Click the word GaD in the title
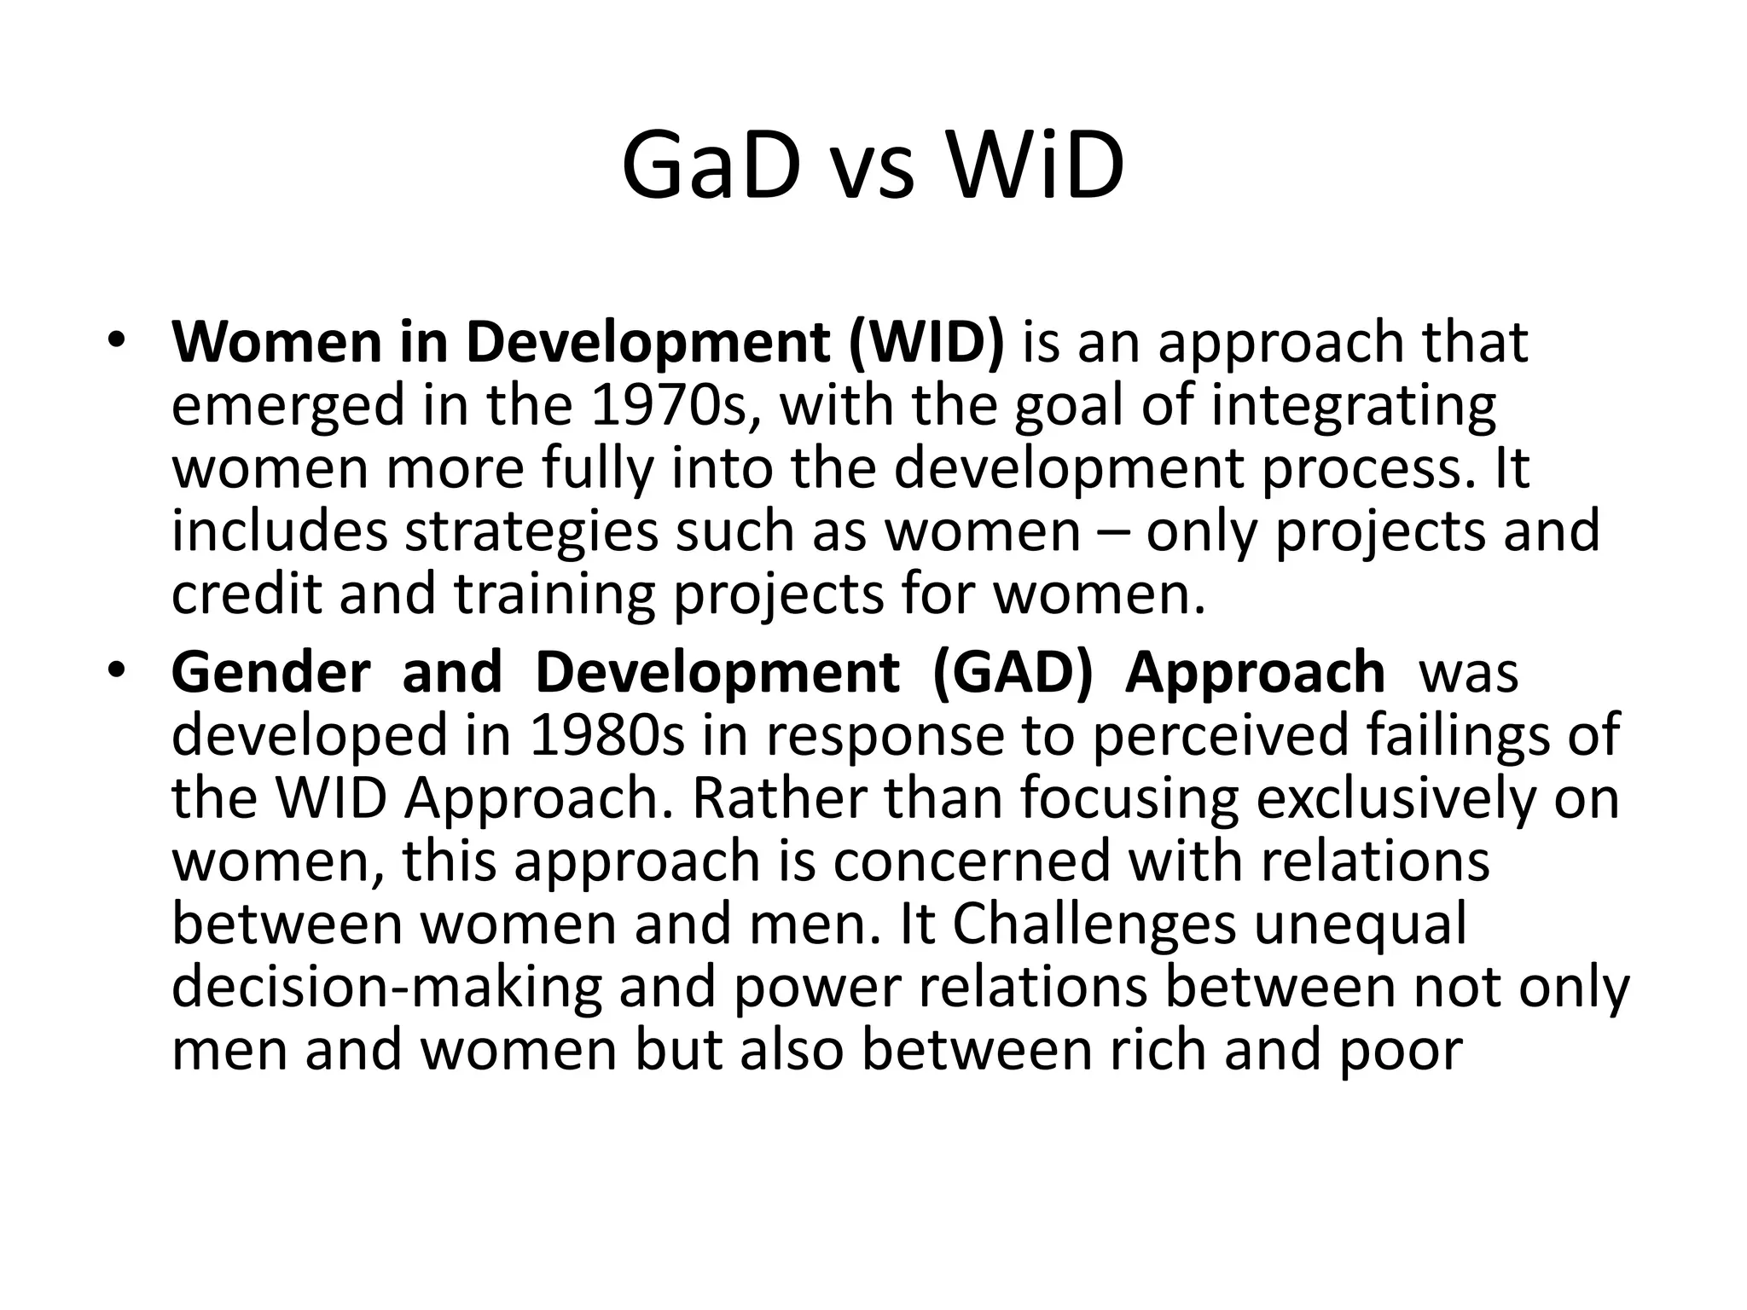point(711,165)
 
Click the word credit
point(247,594)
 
